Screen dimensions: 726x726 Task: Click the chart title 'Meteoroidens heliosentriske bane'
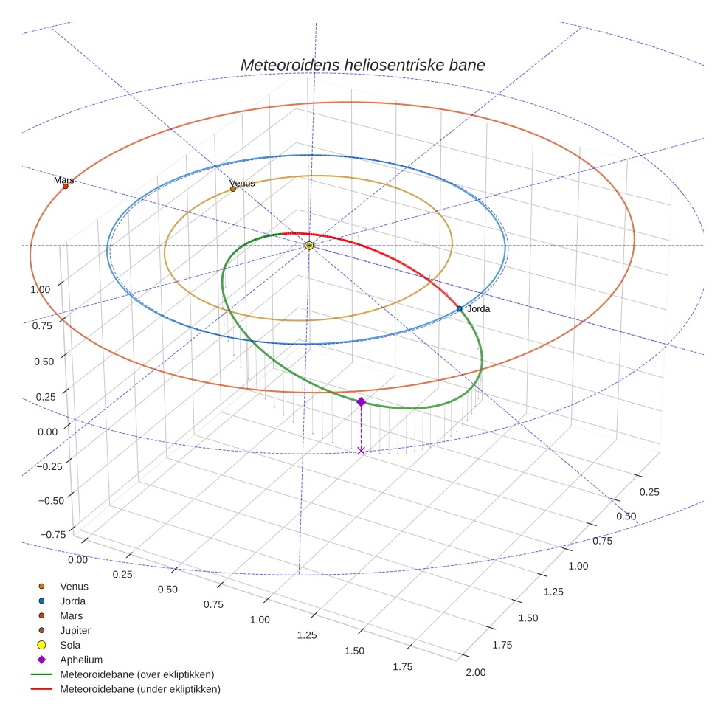362,65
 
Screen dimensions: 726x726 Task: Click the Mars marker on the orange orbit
66,186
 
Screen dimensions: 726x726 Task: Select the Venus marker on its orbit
233,189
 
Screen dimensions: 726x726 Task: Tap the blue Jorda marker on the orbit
459,308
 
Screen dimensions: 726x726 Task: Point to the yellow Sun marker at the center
310,245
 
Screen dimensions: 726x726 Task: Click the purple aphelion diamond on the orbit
361,401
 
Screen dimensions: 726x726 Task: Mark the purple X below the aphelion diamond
361,450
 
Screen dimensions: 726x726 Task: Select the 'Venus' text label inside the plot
242,182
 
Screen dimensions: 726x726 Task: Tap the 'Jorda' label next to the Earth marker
478,309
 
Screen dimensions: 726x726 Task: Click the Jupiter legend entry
75,630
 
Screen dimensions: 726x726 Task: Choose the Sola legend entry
70,645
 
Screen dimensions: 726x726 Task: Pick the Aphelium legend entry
80,660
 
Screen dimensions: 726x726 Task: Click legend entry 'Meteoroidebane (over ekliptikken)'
136,674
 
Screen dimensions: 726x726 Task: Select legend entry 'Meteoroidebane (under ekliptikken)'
140,689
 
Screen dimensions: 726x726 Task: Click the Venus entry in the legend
74,586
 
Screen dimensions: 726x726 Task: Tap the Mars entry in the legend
71,615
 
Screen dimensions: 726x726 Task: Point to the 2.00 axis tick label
476,672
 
